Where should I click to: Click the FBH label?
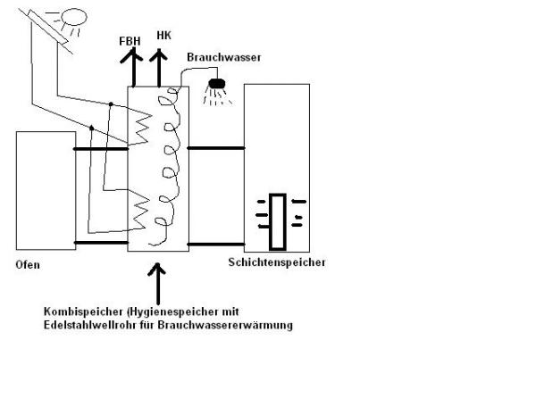point(130,41)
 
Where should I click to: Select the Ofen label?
point(28,265)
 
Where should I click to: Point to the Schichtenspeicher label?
point(277,262)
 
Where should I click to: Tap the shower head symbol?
point(215,87)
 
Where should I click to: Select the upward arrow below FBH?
point(131,68)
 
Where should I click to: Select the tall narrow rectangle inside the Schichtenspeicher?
point(278,221)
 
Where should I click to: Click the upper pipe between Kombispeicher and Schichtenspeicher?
point(216,148)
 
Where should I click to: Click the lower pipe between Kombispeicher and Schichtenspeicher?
point(216,243)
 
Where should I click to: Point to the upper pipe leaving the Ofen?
point(100,149)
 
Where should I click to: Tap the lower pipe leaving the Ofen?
point(100,243)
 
